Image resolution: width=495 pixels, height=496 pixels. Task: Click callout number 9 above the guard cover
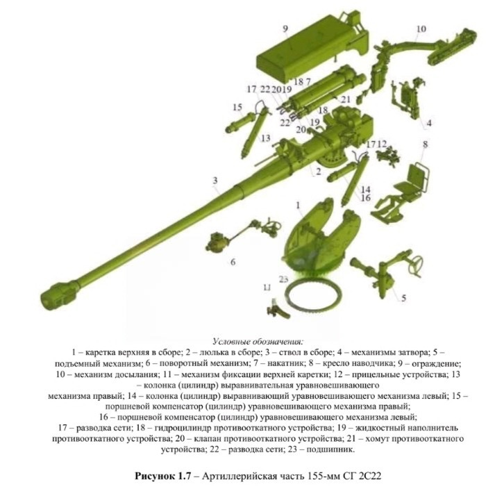(285, 29)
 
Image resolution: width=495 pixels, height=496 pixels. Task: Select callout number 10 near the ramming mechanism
(421, 29)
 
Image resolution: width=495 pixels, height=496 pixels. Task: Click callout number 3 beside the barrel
(215, 181)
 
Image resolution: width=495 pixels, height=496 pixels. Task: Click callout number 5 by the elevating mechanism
(403, 298)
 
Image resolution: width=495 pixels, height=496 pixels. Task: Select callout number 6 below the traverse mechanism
(233, 262)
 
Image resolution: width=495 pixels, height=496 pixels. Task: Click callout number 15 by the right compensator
(237, 107)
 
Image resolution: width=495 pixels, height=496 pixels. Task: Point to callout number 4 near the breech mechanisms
(429, 123)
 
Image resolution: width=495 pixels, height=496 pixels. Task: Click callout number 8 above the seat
(426, 144)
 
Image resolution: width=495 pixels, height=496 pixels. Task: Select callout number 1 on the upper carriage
(298, 206)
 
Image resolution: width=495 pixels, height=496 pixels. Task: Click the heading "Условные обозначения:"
(258, 342)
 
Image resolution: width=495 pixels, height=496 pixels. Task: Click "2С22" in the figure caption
(371, 476)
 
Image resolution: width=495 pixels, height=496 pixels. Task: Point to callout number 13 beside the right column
(266, 138)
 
